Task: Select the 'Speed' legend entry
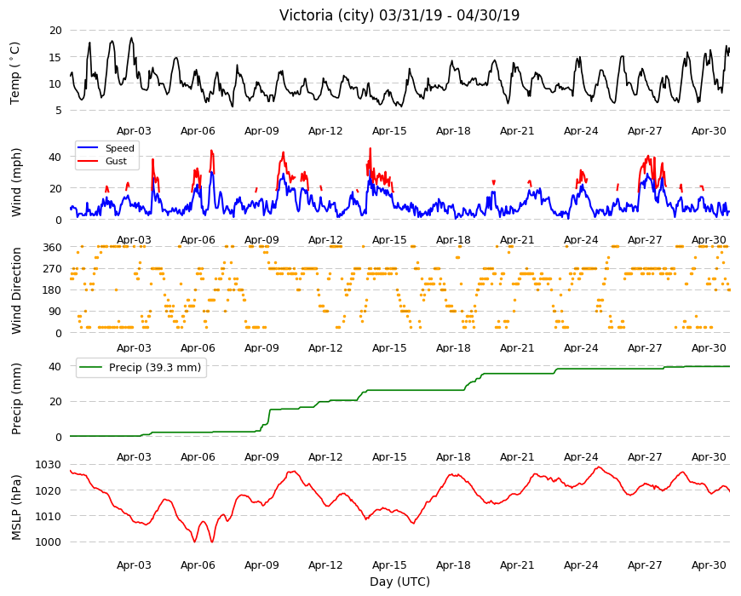119,148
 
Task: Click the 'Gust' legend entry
116,161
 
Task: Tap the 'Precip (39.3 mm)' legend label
155,368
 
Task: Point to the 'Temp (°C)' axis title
15,73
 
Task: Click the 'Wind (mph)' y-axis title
16,182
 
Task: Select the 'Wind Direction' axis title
16,291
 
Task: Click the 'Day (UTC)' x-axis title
399,582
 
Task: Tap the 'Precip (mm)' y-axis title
16,398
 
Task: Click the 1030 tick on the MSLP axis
49,465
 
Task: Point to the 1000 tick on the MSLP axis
49,542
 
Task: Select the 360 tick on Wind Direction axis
52,248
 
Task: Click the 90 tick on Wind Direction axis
55,312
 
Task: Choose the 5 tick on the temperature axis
59,111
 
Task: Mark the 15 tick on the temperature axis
55,57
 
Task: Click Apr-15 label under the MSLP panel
389,565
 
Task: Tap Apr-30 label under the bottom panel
709,565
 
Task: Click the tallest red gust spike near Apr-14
370,149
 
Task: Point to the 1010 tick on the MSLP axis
49,516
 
